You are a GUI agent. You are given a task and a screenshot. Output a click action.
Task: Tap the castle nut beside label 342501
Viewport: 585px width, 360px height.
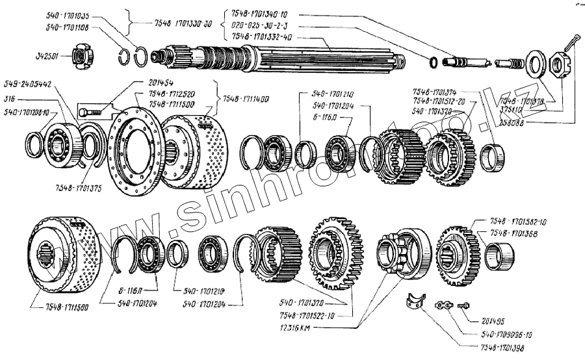[x=80, y=58]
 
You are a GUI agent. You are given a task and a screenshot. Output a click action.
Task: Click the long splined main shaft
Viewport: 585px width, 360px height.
[x=279, y=58]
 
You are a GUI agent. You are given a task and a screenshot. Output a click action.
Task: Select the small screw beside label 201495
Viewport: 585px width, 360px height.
[x=466, y=303]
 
